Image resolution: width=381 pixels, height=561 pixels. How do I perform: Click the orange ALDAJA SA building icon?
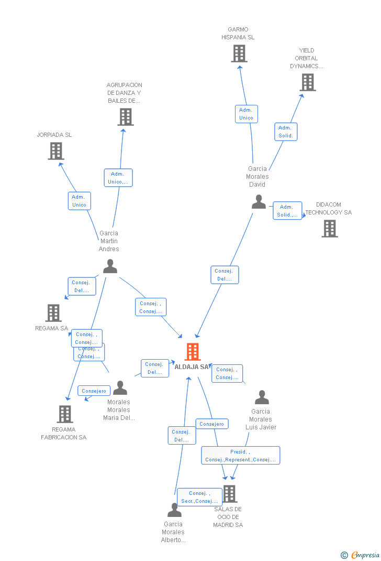(193, 351)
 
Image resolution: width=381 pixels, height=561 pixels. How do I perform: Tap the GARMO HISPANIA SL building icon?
(239, 53)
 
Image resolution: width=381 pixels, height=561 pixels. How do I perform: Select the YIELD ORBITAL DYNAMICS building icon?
(308, 82)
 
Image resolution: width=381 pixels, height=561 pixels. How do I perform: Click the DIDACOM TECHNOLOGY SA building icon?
(330, 229)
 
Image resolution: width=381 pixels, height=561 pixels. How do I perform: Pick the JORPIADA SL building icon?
(56, 151)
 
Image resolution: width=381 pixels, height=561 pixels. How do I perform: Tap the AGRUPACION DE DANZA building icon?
(126, 117)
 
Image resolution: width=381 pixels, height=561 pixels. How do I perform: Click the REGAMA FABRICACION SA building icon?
(65, 414)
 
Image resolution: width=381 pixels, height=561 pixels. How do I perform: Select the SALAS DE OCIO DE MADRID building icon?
(229, 493)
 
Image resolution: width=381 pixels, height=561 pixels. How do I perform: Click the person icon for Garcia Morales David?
(259, 202)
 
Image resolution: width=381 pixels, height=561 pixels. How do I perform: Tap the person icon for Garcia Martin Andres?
(110, 266)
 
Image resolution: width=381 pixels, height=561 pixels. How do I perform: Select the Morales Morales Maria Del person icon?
(120, 388)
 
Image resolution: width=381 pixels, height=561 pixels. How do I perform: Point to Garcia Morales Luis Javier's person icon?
(262, 397)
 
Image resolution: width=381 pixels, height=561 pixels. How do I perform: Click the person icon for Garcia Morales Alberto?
(174, 510)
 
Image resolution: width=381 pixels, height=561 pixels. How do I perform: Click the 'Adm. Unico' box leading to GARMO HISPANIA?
(246, 114)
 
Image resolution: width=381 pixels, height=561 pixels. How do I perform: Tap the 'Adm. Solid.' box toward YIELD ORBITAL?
(286, 132)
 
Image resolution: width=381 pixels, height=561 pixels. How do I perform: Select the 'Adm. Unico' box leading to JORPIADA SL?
(79, 201)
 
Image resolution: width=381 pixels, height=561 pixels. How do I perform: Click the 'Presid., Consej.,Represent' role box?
(240, 456)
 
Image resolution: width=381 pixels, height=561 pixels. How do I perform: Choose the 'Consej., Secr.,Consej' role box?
(199, 497)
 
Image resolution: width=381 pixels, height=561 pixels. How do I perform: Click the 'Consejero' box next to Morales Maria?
(94, 391)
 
